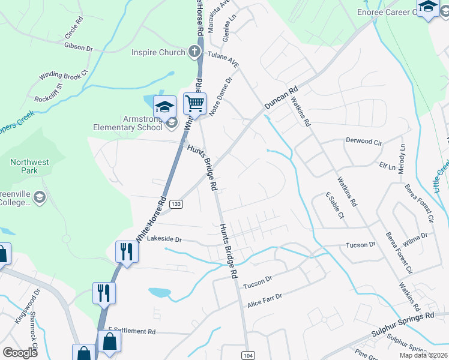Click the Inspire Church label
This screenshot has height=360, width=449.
[158, 52]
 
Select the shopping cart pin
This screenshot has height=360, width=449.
[194, 104]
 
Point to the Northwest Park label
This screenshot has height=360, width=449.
[29, 166]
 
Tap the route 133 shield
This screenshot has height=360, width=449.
[176, 205]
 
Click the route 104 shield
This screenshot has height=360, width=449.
[249, 355]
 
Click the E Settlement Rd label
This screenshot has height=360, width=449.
[131, 331]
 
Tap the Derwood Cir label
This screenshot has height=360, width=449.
[364, 141]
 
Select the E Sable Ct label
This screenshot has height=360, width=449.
[334, 205]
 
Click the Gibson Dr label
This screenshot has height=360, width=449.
[79, 47]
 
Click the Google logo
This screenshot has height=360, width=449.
[20, 353]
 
